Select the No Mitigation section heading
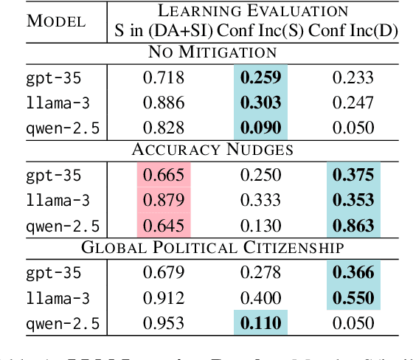tap(212, 52)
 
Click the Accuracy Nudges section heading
tap(212, 150)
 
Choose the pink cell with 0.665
tap(163, 175)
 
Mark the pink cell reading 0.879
tap(163, 199)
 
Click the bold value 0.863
tap(353, 224)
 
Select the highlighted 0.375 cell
tap(353, 175)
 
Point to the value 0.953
tap(163, 322)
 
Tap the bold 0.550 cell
tap(353, 298)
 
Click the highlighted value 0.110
tap(259, 322)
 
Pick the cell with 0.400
tap(259, 298)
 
